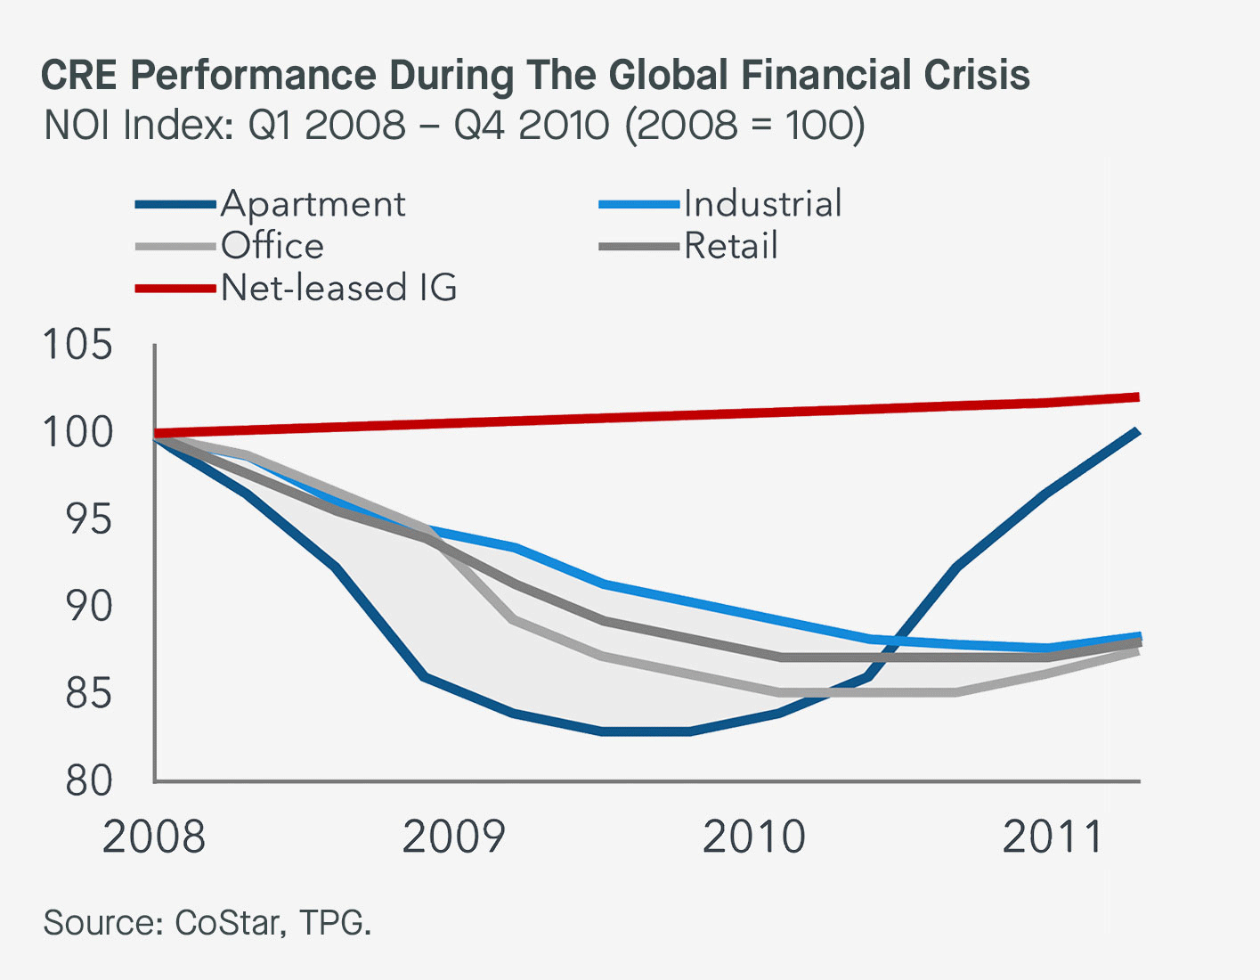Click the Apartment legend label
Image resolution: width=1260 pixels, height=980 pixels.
(x=313, y=204)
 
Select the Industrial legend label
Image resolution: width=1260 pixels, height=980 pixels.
(x=762, y=204)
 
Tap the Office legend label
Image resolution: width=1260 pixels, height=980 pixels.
(x=272, y=246)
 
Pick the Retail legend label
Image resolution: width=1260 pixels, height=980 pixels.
(x=731, y=246)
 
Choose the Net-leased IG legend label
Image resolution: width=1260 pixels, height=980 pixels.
(x=339, y=288)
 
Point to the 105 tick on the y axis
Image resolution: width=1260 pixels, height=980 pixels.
(x=78, y=345)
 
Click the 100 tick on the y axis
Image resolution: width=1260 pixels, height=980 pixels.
(x=78, y=432)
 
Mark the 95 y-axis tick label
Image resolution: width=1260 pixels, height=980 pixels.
(x=88, y=519)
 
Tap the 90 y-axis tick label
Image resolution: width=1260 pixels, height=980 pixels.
(x=88, y=607)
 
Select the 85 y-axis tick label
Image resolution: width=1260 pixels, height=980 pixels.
(x=88, y=694)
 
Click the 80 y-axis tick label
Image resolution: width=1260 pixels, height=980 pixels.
(x=88, y=781)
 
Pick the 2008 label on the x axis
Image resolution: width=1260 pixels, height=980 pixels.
(x=154, y=837)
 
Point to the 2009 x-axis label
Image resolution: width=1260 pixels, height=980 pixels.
(x=454, y=837)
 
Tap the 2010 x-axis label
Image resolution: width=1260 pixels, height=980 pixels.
(x=754, y=837)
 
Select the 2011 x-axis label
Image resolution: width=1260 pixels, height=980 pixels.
(x=1053, y=837)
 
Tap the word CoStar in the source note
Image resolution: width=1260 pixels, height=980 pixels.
(x=227, y=923)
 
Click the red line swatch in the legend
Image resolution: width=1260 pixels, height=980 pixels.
(x=175, y=289)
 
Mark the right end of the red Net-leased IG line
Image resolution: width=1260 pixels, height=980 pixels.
(x=1137, y=397)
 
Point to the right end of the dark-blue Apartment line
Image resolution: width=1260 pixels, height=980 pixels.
(x=1137, y=432)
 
